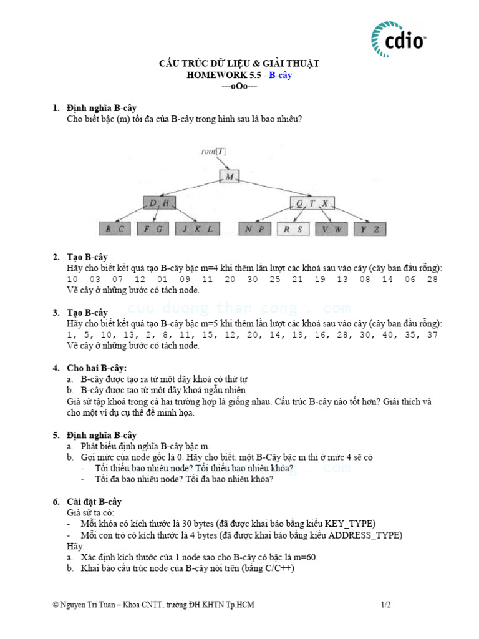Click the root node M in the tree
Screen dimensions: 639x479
point(230,177)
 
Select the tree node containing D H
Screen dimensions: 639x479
point(160,203)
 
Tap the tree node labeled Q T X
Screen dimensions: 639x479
point(312,203)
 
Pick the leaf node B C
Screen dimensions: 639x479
point(115,229)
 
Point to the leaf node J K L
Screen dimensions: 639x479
point(198,229)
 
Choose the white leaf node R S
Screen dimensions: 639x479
point(293,229)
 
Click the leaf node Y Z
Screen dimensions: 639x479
point(370,229)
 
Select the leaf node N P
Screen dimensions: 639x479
point(254,229)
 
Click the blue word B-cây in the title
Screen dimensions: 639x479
point(281,75)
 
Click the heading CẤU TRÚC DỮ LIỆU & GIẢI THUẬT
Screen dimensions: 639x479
point(239,64)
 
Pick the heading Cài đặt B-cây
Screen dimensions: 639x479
point(94,502)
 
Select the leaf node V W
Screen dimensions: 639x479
point(331,229)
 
